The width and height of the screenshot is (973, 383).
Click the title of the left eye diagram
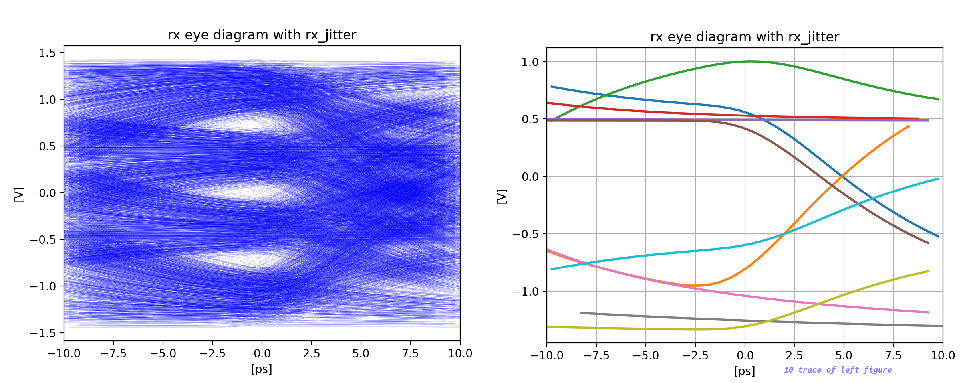[x=262, y=35]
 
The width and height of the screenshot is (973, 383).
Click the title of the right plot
[x=745, y=37]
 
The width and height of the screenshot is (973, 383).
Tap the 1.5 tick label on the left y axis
[x=47, y=53]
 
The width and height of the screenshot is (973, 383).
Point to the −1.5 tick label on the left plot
[x=44, y=333]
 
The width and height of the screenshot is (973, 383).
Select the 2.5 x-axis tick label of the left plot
[x=311, y=353]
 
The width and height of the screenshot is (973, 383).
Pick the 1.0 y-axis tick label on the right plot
[x=530, y=62]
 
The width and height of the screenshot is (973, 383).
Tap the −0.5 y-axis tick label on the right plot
[x=527, y=234]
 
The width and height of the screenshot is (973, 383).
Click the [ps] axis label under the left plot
[x=262, y=369]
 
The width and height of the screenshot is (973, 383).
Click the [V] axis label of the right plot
[x=502, y=196]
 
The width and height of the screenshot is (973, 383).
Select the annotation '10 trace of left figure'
[x=838, y=370]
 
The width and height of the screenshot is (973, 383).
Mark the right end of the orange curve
[x=909, y=126]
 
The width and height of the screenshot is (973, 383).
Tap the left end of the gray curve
[x=581, y=313]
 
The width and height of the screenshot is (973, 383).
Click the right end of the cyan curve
[x=938, y=178]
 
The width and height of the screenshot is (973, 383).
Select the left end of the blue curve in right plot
[x=551, y=86]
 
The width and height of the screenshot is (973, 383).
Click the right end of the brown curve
[x=929, y=243]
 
